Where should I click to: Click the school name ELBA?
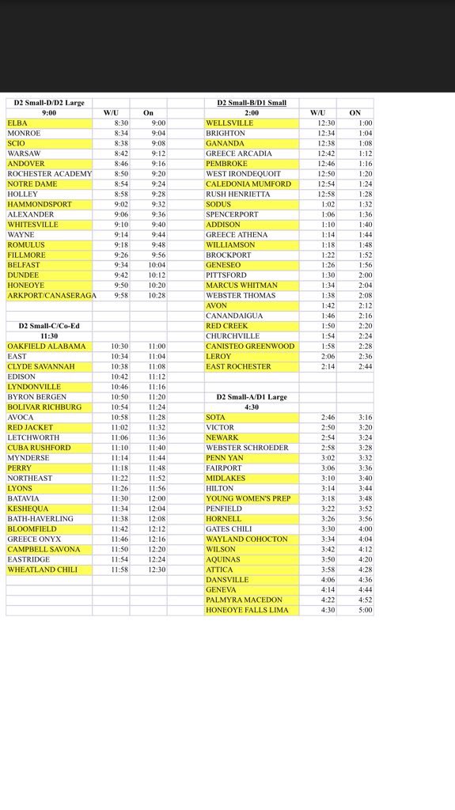point(17,123)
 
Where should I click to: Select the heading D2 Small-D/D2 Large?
point(48,103)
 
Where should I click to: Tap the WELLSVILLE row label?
point(229,123)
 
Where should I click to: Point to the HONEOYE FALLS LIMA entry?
point(247,611)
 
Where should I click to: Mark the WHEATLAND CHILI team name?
point(43,570)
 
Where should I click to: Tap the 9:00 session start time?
point(48,113)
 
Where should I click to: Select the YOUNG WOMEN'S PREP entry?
point(248,498)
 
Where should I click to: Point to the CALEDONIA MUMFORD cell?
point(248,184)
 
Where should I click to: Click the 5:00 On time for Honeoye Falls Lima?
point(365,611)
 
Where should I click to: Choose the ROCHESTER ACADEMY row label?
point(50,174)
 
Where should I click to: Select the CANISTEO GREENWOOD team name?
point(249,346)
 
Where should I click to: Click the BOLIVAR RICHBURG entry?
point(44,407)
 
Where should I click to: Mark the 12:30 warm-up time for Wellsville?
point(317,123)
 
